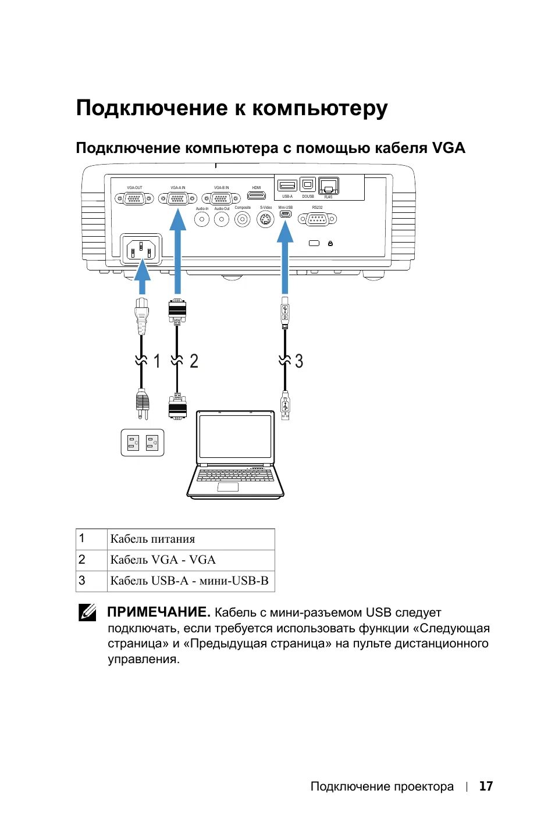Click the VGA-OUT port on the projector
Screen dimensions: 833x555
[134, 198]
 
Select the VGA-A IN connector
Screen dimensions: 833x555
[177, 198]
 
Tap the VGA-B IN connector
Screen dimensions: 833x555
[221, 198]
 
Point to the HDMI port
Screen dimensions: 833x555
[257, 195]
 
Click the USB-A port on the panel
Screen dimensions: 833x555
[287, 186]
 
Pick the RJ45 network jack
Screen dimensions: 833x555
[329, 186]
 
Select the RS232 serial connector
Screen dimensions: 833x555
[317, 219]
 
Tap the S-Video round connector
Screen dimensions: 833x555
[265, 220]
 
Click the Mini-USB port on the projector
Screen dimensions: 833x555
[285, 215]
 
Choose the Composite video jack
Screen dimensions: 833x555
[243, 219]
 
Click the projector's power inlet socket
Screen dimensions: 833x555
[141, 250]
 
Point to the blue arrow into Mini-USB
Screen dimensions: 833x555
[285, 256]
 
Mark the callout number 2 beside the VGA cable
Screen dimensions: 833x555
[194, 361]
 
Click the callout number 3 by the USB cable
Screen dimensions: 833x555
[299, 361]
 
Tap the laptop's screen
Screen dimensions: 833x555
[235, 436]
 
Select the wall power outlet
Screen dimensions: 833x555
[143, 443]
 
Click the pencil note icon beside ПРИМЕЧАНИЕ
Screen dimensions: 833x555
[87, 613]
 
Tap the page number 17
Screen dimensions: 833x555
[486, 786]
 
